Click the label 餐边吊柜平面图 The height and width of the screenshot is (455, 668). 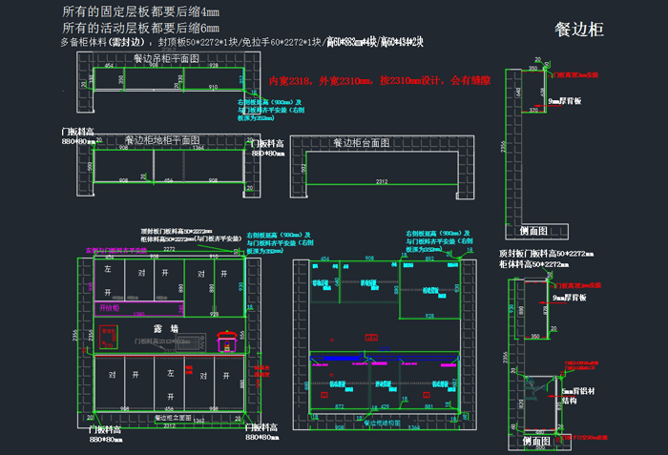coord(166,59)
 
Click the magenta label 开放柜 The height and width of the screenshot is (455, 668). coord(109,309)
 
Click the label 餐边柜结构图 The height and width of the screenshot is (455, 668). coord(382,421)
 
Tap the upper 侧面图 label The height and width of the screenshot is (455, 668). coord(532,230)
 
